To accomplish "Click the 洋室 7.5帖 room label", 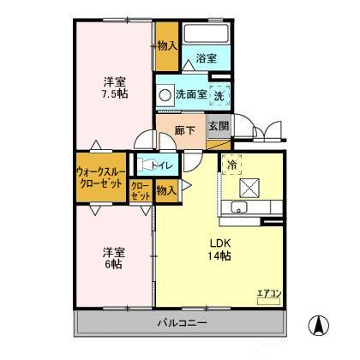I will click(x=115, y=87).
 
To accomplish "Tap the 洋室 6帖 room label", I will click(x=115, y=259).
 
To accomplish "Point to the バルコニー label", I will click(x=181, y=324).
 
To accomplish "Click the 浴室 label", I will click(x=206, y=58).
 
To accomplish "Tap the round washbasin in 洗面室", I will click(x=164, y=95).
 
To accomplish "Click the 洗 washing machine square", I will click(x=219, y=96).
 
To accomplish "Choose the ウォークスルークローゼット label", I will click(x=101, y=177).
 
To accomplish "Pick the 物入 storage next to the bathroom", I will click(x=167, y=45).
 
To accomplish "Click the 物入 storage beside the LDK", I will click(x=166, y=191).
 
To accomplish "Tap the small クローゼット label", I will click(x=141, y=190).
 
